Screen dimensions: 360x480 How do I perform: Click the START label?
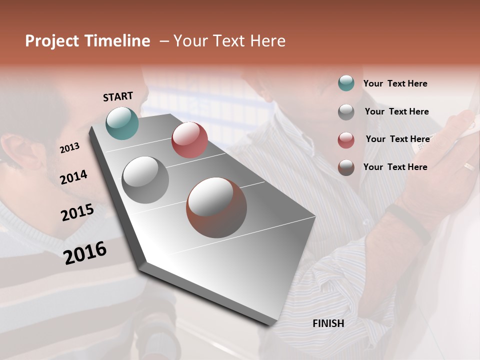pos(118,96)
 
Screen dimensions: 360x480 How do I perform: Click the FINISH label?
pos(328,323)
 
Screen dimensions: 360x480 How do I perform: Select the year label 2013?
pos(69,148)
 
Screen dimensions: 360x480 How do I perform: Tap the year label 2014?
pos(73,177)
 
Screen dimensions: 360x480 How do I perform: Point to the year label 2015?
pos(77,212)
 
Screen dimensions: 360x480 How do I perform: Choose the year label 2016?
pos(85,253)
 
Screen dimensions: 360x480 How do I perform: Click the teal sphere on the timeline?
pos(122,123)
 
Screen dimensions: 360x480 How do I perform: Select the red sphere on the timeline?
pos(189,140)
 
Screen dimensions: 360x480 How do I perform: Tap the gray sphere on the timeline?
pos(145,179)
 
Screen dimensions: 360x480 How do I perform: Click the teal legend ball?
pos(346,83)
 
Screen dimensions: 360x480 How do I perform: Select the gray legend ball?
pos(346,111)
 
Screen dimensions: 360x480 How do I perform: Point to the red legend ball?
pos(346,139)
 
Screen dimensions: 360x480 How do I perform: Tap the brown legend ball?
pos(346,167)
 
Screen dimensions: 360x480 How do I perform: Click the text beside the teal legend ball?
pos(395,83)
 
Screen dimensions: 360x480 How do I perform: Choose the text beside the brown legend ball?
pos(395,167)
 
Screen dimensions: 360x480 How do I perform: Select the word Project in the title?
pos(52,41)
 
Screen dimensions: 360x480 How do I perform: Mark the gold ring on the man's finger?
pos(468,166)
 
